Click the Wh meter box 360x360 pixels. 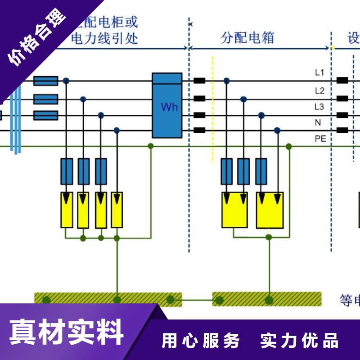167,105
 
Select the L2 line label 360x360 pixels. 319,90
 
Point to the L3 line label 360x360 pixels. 319,107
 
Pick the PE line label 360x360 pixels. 320,139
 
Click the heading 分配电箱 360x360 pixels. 247,38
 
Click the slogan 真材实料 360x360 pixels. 67,332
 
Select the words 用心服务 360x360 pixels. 201,341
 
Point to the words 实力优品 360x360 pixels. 299,341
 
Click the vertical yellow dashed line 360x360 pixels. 212,108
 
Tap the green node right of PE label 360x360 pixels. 289,147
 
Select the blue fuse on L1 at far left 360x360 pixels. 46,81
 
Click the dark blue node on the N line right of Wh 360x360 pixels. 278,130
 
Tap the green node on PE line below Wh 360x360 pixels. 151,146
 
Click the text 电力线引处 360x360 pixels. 104,39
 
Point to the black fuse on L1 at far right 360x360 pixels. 342,81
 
